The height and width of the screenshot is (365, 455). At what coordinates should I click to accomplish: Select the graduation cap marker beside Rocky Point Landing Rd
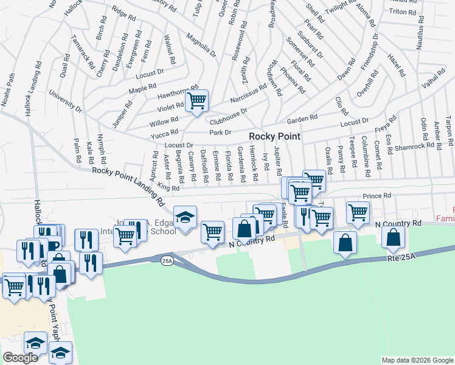point(185,217)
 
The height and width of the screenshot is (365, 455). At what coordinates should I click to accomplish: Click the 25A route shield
point(167,260)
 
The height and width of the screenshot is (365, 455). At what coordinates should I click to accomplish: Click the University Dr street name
point(66,102)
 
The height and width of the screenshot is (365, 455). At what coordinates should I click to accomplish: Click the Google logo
point(20,358)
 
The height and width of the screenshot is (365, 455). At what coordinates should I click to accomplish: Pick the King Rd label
point(168,187)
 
